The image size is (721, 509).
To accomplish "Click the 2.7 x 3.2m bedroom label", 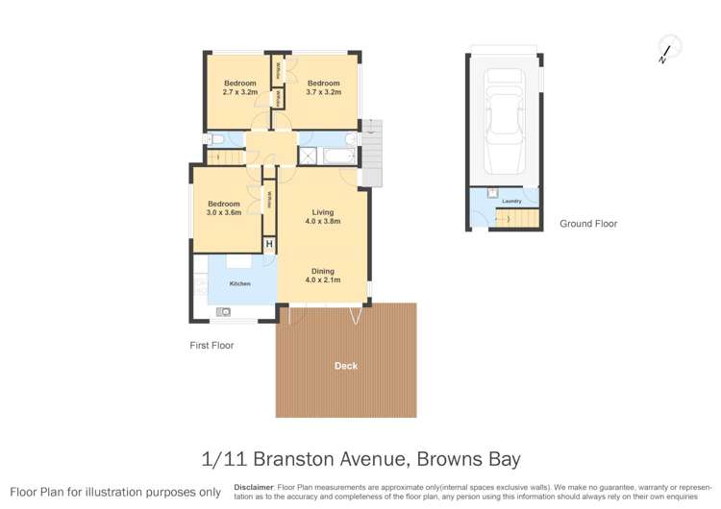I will pyautogui.click(x=240, y=88).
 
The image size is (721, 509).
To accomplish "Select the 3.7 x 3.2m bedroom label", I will pyautogui.click(x=324, y=88).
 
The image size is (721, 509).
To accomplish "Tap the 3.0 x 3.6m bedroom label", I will pyautogui.click(x=224, y=208).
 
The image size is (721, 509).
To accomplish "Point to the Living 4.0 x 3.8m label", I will pyautogui.click(x=322, y=216).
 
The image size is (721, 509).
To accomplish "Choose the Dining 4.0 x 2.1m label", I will pyautogui.click(x=322, y=276).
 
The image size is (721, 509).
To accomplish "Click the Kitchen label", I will pyautogui.click(x=239, y=283).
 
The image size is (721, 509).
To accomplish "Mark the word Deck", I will pyautogui.click(x=345, y=366).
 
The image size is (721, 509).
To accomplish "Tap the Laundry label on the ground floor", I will pyautogui.click(x=511, y=202).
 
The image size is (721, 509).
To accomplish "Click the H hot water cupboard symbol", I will pyautogui.click(x=269, y=244).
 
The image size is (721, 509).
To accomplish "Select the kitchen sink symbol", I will pyautogui.click(x=224, y=310).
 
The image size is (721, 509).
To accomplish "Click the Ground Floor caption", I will pyautogui.click(x=588, y=224).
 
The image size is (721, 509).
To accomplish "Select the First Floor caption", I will pyautogui.click(x=211, y=345).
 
